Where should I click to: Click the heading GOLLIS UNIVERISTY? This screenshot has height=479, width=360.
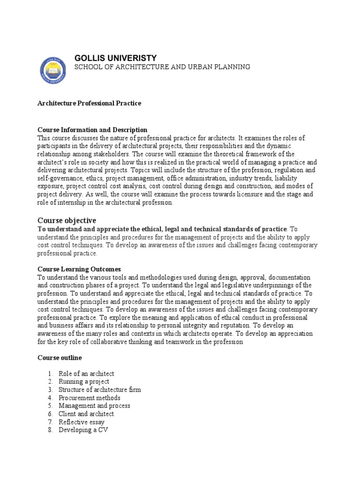click(115, 58)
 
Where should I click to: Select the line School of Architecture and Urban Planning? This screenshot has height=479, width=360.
click(162, 67)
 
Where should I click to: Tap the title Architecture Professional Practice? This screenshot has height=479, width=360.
click(89, 103)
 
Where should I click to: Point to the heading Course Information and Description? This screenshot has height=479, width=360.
click(92, 130)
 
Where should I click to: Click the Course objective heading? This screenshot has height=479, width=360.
click(67, 220)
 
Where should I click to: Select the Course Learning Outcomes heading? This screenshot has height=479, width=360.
click(79, 269)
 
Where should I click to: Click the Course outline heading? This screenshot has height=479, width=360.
click(60, 357)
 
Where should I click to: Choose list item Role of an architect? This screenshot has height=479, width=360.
click(86, 374)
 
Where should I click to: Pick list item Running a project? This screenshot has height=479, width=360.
click(84, 382)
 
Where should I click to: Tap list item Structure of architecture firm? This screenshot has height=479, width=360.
click(99, 390)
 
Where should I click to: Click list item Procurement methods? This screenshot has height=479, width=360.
click(90, 398)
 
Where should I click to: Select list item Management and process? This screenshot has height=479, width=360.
click(94, 406)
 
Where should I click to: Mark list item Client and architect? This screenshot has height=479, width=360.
click(86, 414)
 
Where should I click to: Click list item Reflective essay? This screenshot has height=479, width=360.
click(82, 422)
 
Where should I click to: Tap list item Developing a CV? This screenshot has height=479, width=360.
click(83, 430)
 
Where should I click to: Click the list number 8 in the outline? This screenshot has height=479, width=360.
click(50, 430)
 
